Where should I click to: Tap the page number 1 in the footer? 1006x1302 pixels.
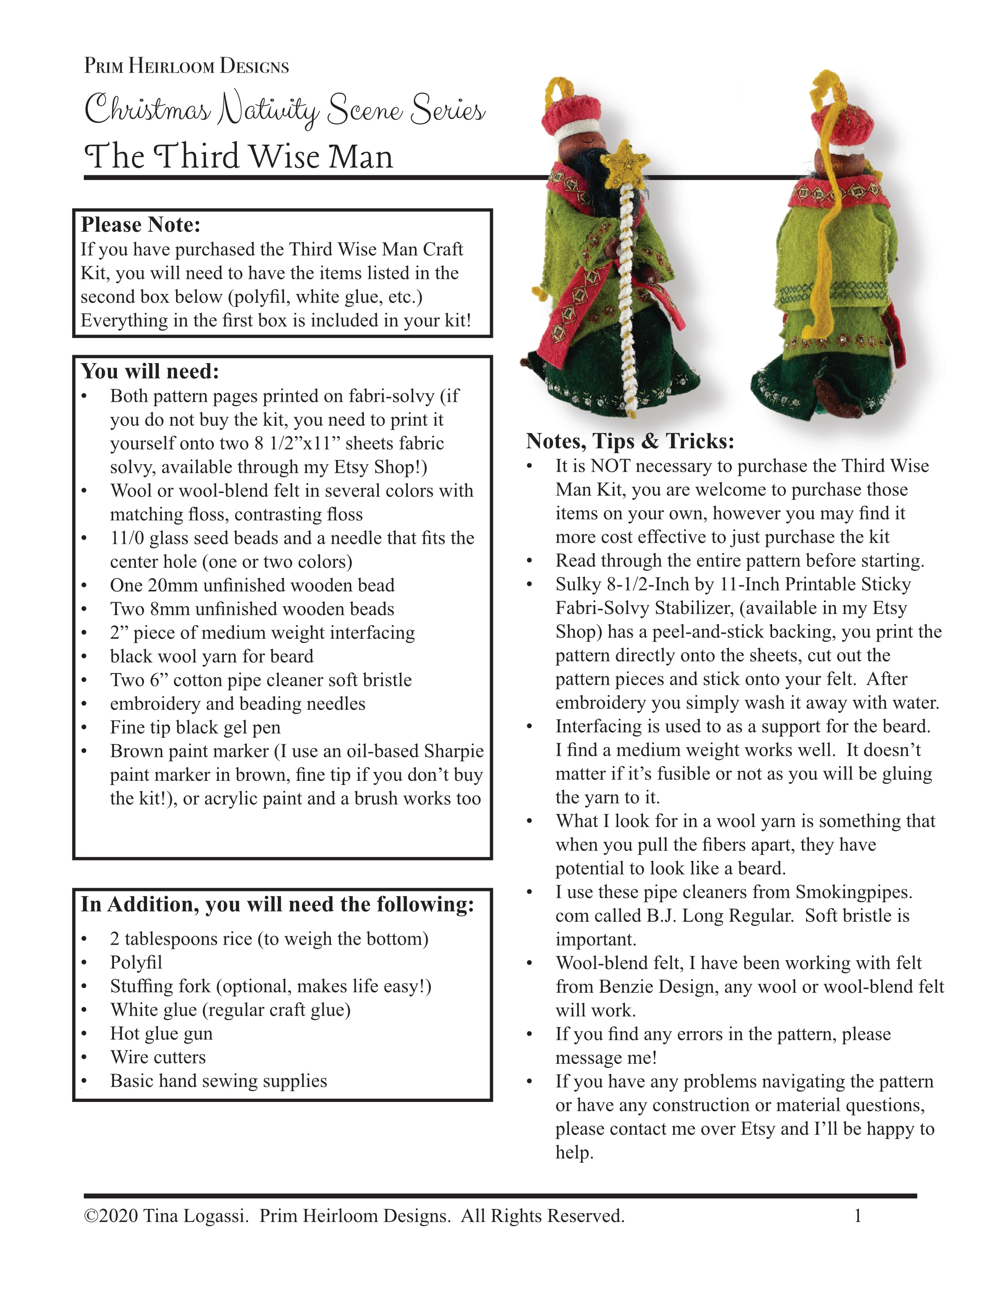pyautogui.click(x=858, y=1216)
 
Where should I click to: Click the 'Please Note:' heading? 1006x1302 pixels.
pyautogui.click(x=141, y=225)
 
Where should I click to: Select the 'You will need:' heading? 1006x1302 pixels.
pyautogui.click(x=150, y=372)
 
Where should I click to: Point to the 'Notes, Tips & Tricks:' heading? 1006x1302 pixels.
pyautogui.click(x=630, y=441)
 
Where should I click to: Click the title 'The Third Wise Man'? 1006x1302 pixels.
pyautogui.click(x=239, y=157)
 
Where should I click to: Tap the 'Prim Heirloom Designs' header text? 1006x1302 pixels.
pyautogui.click(x=187, y=65)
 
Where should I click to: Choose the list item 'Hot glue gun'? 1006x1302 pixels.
pyautogui.click(x=161, y=1033)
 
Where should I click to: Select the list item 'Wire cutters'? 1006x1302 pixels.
pyautogui.click(x=158, y=1057)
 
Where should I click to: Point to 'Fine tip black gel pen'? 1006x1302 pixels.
pyautogui.click(x=195, y=727)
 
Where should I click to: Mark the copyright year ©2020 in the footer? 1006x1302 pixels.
pyautogui.click(x=111, y=1216)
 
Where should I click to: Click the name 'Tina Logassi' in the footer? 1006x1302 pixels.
pyautogui.click(x=195, y=1216)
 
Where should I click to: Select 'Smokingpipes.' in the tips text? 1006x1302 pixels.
pyautogui.click(x=853, y=892)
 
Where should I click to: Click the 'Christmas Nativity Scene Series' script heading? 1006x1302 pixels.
pyautogui.click(x=285, y=110)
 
